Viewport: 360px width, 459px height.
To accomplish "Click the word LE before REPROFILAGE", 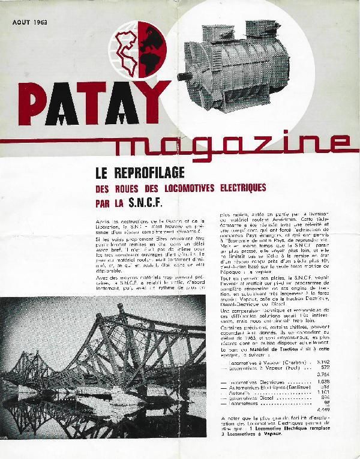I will coord(104,174).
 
